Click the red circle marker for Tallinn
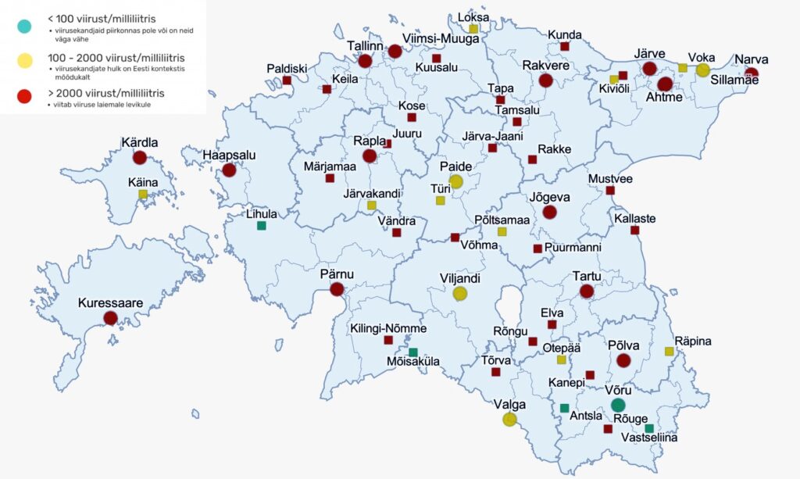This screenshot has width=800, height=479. (x=364, y=62)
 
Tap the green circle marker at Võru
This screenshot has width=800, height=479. (x=618, y=405)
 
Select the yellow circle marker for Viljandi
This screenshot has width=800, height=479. (x=460, y=294)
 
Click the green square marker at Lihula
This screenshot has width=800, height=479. (x=261, y=226)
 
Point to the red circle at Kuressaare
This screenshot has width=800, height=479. (x=110, y=318)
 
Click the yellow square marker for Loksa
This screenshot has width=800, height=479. (x=473, y=29)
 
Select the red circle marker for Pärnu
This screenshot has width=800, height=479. (x=337, y=290)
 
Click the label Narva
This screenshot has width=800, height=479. (x=751, y=59)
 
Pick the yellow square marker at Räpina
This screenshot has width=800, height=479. (x=670, y=352)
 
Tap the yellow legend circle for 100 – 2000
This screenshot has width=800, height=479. (x=24, y=60)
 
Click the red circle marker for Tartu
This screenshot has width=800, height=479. (x=587, y=291)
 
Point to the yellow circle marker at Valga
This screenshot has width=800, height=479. (x=509, y=420)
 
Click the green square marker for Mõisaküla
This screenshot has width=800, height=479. (x=413, y=352)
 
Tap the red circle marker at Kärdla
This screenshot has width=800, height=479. (x=139, y=158)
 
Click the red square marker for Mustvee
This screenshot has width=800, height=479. (x=610, y=191)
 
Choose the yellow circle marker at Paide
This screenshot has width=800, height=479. (x=456, y=181)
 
